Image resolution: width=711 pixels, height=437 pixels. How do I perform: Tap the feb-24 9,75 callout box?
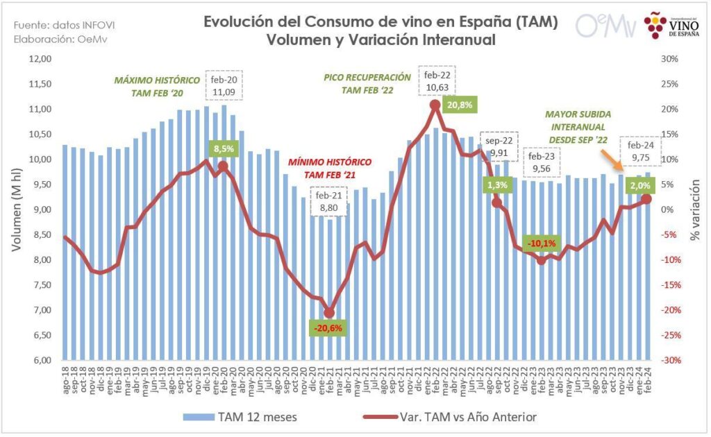[642, 151]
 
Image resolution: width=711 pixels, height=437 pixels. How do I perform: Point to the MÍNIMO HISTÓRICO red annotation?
[329, 167]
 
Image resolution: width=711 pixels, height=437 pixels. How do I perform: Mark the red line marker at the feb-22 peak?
[435, 105]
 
